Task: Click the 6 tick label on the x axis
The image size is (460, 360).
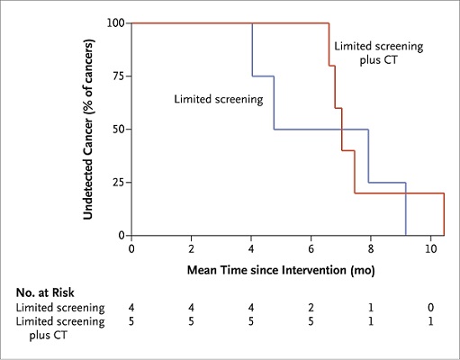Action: [311, 248]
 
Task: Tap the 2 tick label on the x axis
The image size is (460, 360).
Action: [192, 248]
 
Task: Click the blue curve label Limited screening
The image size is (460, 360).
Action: [216, 100]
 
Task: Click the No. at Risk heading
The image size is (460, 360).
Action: [46, 293]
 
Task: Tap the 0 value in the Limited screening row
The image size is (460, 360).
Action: [431, 309]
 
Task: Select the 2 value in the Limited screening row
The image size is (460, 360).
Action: [311, 309]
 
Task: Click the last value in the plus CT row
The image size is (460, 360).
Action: [431, 321]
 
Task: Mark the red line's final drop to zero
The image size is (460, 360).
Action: [444, 214]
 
